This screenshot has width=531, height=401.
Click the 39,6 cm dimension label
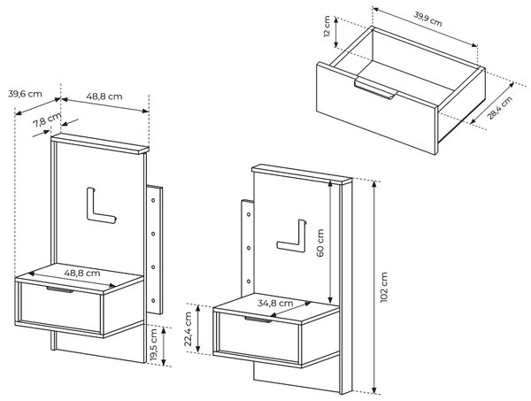pyautogui.click(x=25, y=94)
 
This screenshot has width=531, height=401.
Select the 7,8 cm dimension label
pyautogui.click(x=48, y=120)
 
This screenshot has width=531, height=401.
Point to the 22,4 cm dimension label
pyautogui.click(x=189, y=329)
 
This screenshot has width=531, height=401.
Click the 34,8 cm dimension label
pyautogui.click(x=275, y=303)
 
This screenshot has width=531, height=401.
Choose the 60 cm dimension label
pyautogui.click(x=320, y=243)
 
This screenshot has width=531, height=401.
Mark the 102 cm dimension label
pyautogui.click(x=384, y=287)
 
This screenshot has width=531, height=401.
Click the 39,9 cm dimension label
pyautogui.click(x=427, y=19)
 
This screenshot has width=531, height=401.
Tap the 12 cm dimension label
pyautogui.click(x=327, y=27)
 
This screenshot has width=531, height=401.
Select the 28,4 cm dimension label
pyautogui.click(x=499, y=108)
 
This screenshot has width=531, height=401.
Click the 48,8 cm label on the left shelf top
pyautogui.click(x=82, y=273)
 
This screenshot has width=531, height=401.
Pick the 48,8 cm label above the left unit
pyautogui.click(x=104, y=96)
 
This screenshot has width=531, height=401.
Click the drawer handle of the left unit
pyautogui.click(x=60, y=289)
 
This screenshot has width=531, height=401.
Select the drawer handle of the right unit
pyautogui.click(x=258, y=320)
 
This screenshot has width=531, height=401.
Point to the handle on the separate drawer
pyautogui.click(x=375, y=89)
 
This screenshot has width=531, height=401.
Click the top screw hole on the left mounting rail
pyautogui.click(x=153, y=200)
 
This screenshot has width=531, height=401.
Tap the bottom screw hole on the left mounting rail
pyautogui.click(x=153, y=301)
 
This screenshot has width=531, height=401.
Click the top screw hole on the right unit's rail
pyautogui.click(x=249, y=215)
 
